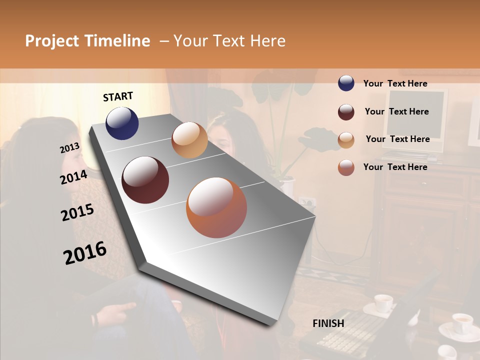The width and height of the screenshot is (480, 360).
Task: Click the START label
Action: click(118, 96)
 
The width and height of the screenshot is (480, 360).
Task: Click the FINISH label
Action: click(328, 323)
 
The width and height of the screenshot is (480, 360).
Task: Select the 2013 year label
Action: click(69, 148)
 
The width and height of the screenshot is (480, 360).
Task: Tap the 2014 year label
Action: click(73, 177)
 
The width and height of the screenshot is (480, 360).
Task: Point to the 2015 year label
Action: click(77, 212)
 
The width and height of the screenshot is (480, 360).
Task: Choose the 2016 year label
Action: click(85, 253)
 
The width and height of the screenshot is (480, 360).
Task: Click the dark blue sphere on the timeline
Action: click(122, 123)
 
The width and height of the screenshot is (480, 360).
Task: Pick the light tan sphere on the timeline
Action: click(189, 140)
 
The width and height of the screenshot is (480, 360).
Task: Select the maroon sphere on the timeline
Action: click(145, 180)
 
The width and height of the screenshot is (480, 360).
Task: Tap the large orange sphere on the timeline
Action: click(216, 207)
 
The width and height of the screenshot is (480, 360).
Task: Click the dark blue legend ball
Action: click(346, 83)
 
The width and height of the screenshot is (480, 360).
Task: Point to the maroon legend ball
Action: click(346, 112)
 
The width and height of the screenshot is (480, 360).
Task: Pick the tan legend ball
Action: click(346, 140)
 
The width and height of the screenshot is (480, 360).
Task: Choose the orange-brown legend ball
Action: click(346, 167)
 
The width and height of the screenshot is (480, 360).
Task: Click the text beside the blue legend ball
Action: click(395, 83)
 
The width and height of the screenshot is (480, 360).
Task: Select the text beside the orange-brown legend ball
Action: click(395, 167)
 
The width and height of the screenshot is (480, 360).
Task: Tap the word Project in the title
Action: click(52, 41)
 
